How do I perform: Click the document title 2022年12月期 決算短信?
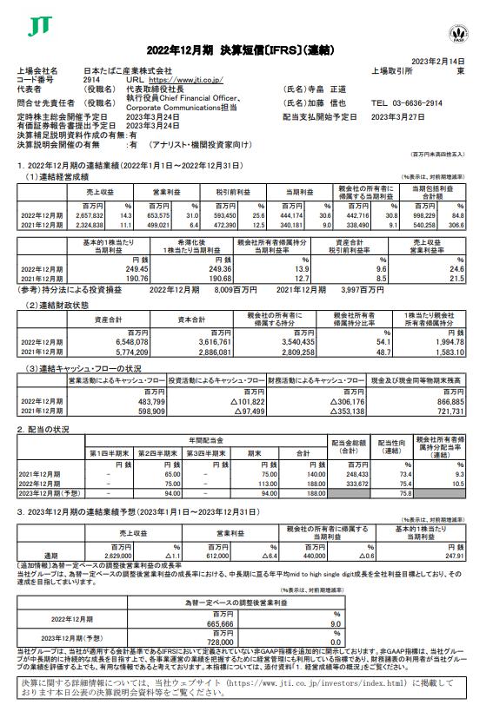(x=246, y=48)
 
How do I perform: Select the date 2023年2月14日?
(x=452, y=61)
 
